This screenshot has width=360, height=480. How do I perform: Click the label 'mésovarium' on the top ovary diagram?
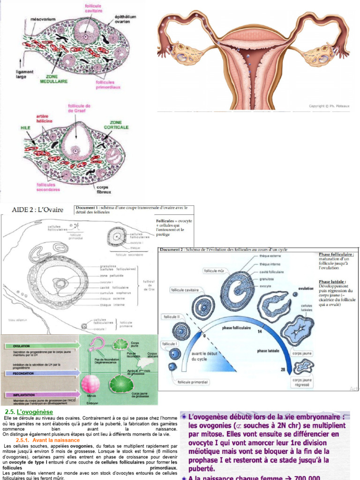pos(41,20)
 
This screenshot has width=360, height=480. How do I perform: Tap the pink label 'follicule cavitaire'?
pos(94,8)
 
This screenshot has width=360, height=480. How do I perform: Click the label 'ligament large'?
pos(24,74)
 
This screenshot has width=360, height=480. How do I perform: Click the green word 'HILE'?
pos(25,127)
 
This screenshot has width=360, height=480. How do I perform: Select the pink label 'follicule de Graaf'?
pos(79,109)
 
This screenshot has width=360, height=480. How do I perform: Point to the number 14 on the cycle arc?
pos(259,331)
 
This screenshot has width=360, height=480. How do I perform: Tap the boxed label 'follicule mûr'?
pos(214,271)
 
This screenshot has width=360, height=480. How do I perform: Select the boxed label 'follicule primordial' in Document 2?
pos(193,382)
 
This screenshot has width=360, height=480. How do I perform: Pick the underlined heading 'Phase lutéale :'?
pos(332,282)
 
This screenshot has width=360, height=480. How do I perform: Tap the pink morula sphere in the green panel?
pos(90,383)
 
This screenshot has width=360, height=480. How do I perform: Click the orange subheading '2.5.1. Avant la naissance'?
pos(48,440)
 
